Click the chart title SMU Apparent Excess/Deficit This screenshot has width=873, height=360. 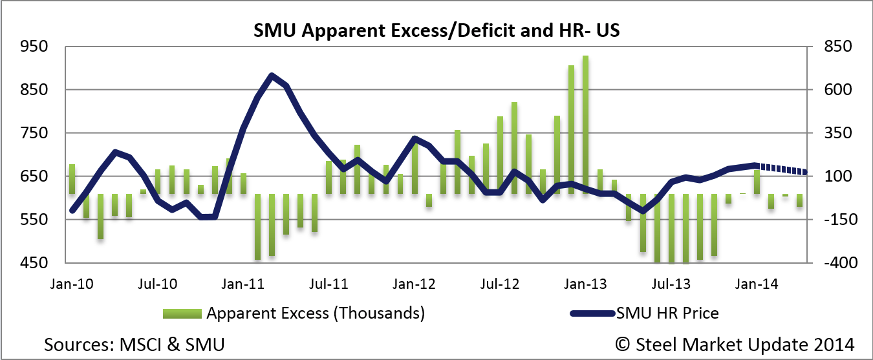pyautogui.click(x=436, y=30)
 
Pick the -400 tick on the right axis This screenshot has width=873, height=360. pyautogui.click(x=837, y=263)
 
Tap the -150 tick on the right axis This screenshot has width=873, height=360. pyautogui.click(x=837, y=220)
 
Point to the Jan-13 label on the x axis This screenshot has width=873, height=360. pyautogui.click(x=585, y=284)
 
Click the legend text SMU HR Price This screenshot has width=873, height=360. pyautogui.click(x=668, y=314)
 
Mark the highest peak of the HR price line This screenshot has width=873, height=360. pyautogui.click(x=272, y=76)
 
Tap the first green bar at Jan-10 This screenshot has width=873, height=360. pyautogui.click(x=72, y=179)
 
